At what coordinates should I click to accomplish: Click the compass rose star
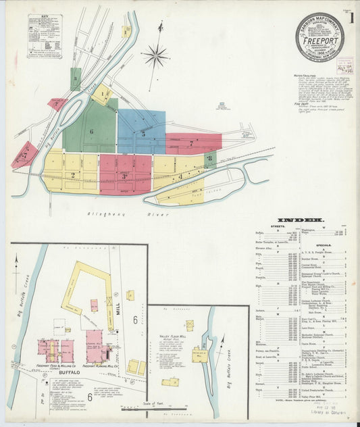click(x=155, y=55)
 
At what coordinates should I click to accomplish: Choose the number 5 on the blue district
click(x=143, y=134)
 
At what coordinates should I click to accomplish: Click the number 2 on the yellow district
click(x=72, y=176)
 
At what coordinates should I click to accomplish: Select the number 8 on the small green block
click(x=210, y=159)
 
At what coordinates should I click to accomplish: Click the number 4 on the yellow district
click(x=180, y=176)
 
